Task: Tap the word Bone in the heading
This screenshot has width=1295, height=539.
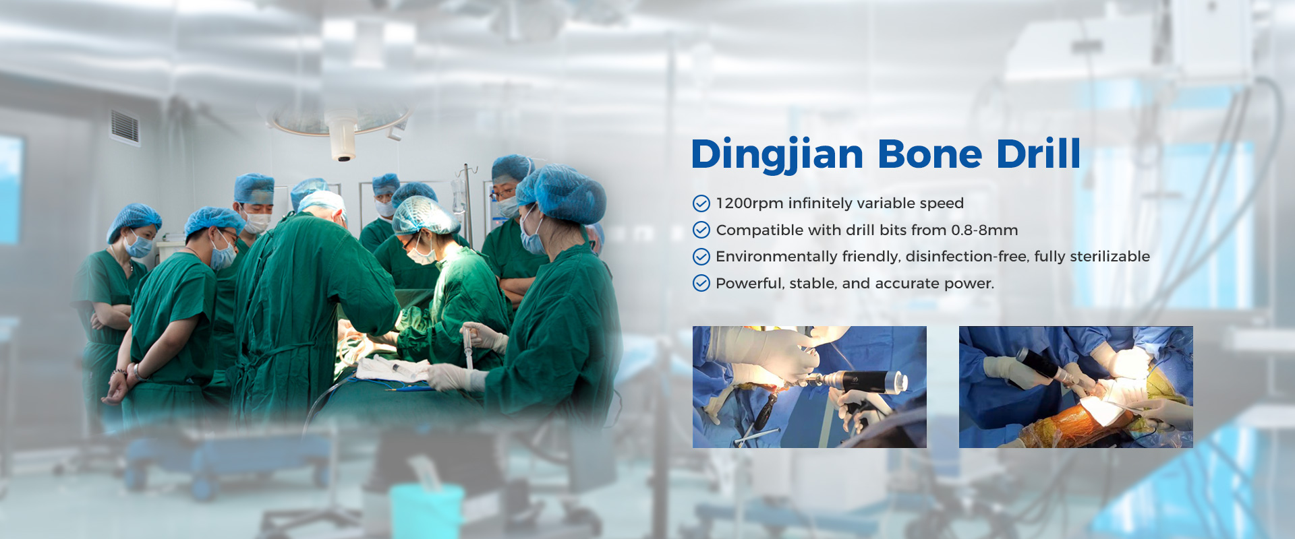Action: tap(929, 154)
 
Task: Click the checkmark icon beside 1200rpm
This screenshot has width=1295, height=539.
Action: tap(701, 203)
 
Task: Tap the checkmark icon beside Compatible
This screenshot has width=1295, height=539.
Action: tap(701, 230)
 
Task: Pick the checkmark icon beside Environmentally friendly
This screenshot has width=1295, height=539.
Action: tap(701, 257)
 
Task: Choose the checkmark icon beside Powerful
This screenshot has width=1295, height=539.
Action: tap(701, 283)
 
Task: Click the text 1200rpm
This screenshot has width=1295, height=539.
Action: tap(749, 203)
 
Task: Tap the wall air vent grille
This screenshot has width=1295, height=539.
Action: tap(125, 126)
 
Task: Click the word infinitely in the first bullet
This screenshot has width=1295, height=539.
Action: tap(819, 203)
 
